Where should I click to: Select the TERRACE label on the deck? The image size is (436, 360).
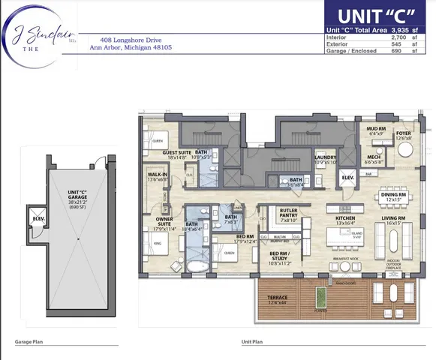pos(278,299)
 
